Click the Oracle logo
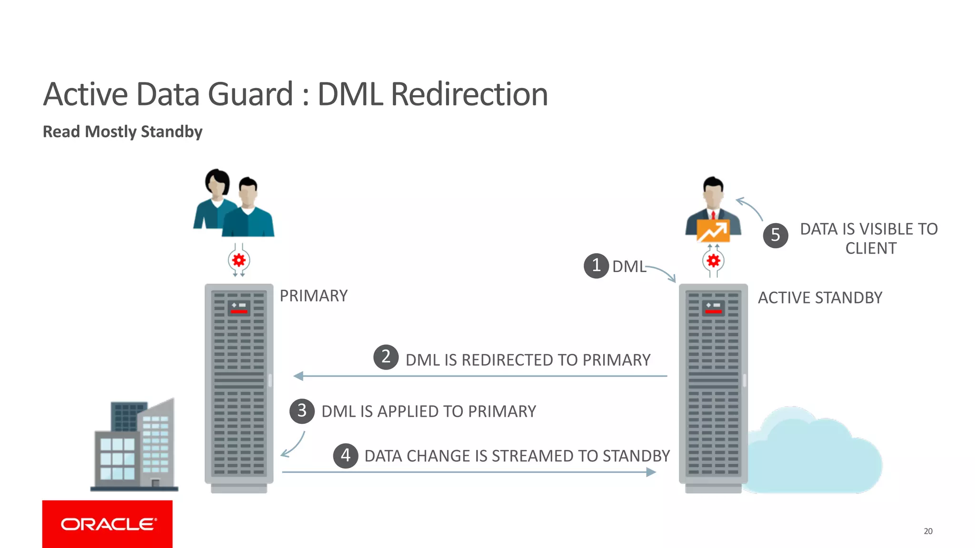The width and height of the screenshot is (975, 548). point(108,524)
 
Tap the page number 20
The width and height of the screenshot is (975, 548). point(928,531)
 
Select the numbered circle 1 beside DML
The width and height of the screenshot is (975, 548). point(596,265)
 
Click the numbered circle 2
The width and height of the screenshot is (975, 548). point(386,357)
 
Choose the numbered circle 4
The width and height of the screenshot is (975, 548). point(346,456)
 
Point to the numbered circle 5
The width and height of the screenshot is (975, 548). point(776,235)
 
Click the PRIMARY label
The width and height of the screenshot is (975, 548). point(313,296)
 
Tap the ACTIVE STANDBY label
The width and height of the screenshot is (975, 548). point(820,298)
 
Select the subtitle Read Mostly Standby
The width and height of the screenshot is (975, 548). point(122,132)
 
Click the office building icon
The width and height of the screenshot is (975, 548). point(134,445)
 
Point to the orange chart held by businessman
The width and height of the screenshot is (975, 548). point(713,231)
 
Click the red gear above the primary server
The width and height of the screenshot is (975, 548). point(239,260)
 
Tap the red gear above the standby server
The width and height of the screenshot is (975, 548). point(713,260)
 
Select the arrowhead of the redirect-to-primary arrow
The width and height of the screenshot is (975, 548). point(298,376)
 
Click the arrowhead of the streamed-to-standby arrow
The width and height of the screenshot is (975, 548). point(651,472)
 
